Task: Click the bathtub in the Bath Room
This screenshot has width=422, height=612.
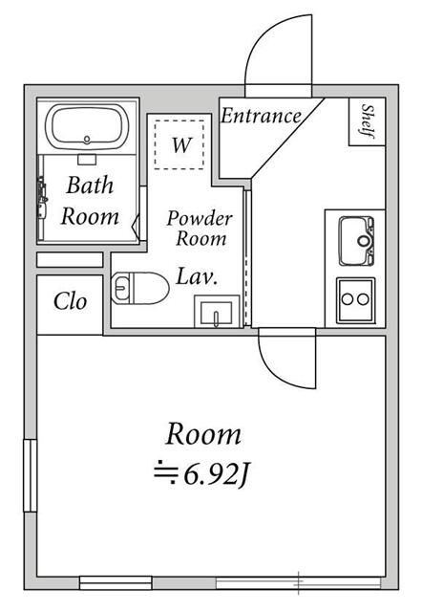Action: tap(87, 126)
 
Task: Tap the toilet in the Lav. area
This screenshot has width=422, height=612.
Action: tap(140, 288)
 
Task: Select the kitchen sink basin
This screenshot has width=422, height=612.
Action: tap(356, 241)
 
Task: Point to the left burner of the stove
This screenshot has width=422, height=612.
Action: tap(348, 299)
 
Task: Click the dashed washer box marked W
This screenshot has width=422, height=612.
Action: tap(179, 144)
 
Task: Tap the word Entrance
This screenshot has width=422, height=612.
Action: tap(261, 116)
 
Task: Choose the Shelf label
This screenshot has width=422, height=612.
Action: tap(368, 121)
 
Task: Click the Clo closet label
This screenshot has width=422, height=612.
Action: tap(70, 302)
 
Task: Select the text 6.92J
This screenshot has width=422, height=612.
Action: tap(216, 475)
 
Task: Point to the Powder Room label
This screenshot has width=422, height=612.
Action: tap(200, 229)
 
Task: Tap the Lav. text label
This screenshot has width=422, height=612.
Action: tap(197, 276)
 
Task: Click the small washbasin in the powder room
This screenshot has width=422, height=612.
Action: tap(217, 312)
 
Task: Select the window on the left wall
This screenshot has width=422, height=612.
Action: tap(30, 475)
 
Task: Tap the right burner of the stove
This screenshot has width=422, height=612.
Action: tap(363, 299)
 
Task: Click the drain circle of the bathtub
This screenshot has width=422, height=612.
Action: tap(87, 139)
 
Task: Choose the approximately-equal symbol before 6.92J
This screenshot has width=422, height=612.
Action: tap(165, 472)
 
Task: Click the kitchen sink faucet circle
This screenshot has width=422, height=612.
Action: tap(364, 241)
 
